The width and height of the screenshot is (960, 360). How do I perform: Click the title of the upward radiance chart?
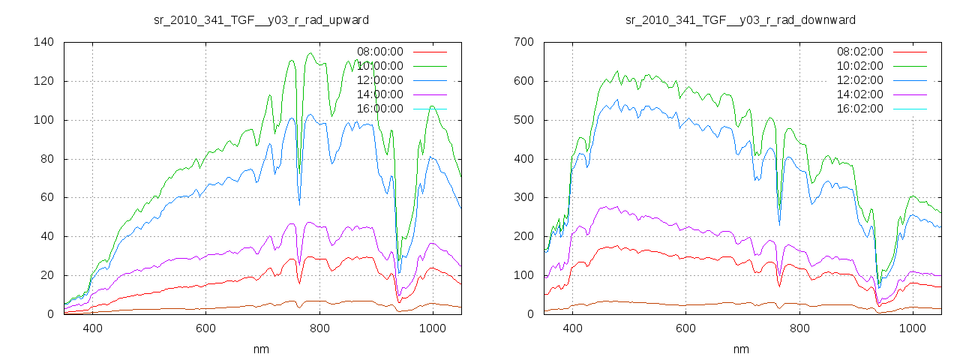pos(260,19)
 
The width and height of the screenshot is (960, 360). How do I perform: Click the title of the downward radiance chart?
pos(741,19)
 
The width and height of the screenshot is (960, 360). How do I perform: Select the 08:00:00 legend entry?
pos(379,52)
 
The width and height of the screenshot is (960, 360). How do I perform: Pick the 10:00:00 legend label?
pos(379,66)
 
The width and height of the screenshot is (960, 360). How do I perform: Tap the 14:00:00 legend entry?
pos(379,94)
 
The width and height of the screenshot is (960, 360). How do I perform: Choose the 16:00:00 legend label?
pos(379,109)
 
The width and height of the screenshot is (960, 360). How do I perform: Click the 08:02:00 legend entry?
pos(859,52)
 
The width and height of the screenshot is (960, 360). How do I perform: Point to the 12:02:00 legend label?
pos(859,80)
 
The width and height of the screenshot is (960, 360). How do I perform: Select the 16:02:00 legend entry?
pos(859,109)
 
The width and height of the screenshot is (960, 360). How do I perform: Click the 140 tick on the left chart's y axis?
pos(43,42)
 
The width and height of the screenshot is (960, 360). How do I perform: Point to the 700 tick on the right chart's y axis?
pos(523,42)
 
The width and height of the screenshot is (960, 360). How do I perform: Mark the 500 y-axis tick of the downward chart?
pos(523,120)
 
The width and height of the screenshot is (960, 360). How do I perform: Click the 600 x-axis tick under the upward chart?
pos(206,328)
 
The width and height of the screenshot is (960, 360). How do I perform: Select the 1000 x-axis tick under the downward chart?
pos(912,328)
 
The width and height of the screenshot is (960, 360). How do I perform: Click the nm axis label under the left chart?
pos(261,349)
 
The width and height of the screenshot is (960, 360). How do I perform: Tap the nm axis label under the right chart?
pos(741,349)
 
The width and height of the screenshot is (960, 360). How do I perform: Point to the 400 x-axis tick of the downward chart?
pos(572,328)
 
